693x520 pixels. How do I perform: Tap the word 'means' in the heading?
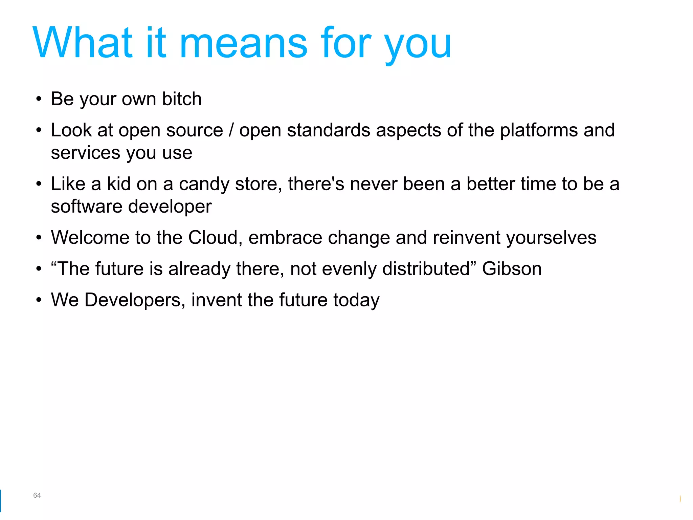coord(244,44)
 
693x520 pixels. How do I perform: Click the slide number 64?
coord(37,495)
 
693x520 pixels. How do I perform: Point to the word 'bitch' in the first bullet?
coord(182,99)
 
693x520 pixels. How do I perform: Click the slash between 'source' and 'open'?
coord(231,130)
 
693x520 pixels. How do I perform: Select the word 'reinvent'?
coord(466,238)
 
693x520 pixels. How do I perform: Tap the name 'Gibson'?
coord(512,269)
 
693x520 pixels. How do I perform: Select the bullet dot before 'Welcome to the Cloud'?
coord(39,238)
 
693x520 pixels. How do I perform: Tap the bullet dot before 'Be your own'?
coord(39,100)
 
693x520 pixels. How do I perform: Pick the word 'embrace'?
coord(285,238)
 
